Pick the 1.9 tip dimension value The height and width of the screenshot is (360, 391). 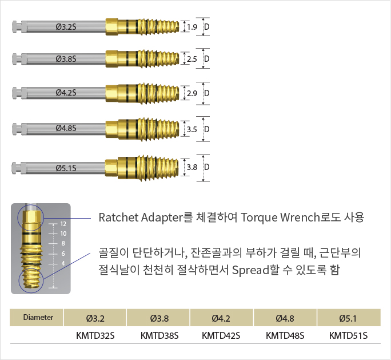click(x=192, y=26)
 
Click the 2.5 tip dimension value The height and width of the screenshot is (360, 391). click(x=192, y=59)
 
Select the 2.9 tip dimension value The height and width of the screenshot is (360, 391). click(x=192, y=93)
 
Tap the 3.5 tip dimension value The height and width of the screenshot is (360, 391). click(x=192, y=129)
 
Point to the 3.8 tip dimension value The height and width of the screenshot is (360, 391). click(x=192, y=167)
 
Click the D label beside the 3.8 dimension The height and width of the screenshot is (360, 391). click(x=207, y=167)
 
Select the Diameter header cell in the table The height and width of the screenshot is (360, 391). click(x=38, y=317)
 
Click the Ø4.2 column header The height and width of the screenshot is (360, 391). click(x=221, y=317)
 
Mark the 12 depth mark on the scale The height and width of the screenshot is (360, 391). click(x=63, y=224)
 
